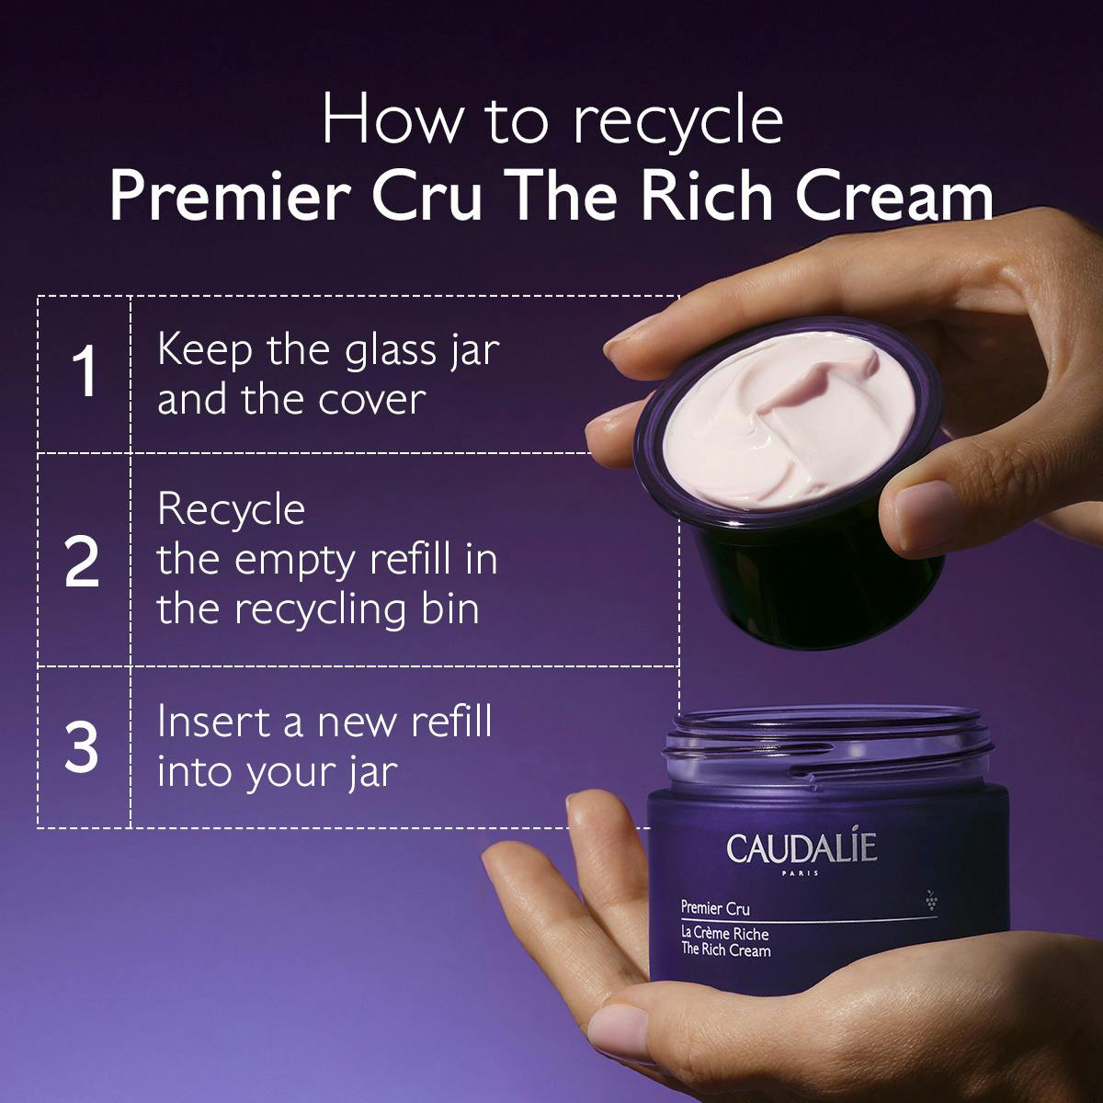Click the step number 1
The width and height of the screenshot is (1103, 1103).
coord(85,372)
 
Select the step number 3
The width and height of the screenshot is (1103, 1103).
coord(83,747)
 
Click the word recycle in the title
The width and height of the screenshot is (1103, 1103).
coord(677,120)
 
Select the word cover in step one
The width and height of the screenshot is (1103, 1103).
coord(371,400)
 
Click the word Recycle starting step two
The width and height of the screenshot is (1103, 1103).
coord(231,509)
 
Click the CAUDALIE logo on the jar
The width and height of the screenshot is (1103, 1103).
coord(802,847)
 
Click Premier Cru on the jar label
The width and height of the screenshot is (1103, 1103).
coord(715,909)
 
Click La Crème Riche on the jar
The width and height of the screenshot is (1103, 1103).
coord(724,934)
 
